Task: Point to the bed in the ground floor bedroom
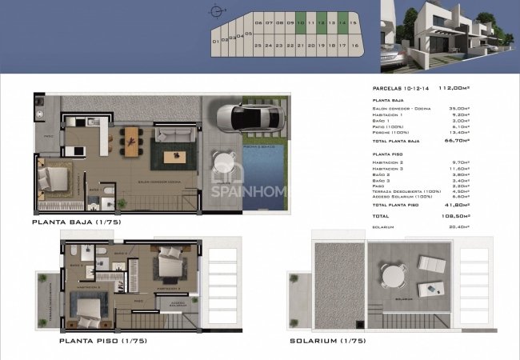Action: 56,177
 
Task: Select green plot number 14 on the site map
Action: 342,23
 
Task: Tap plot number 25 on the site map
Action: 258,46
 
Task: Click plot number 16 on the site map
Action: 353,46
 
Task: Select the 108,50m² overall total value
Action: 456,216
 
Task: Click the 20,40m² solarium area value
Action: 458,226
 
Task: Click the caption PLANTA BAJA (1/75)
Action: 77,221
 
